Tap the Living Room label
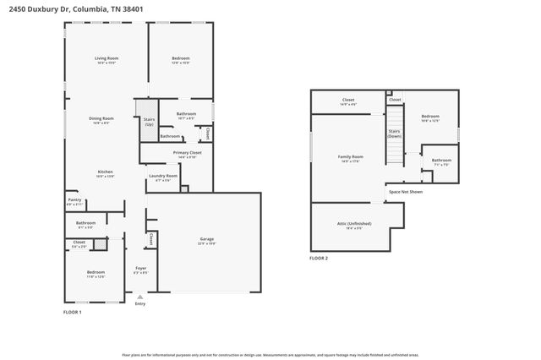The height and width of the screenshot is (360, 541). coord(107,58)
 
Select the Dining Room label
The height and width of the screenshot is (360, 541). coord(101,118)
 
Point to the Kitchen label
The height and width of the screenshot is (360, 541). coord(105,172)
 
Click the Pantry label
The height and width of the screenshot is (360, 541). coord(74,200)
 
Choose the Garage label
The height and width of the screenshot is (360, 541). coord(207,240)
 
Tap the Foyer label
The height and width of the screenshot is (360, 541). coord(141,268)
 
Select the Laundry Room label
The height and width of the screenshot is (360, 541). coord(163,176)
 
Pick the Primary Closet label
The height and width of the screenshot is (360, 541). coord(186,153)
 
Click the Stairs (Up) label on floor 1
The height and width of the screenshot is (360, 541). coord(149,121)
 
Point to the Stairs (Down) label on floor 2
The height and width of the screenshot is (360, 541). coord(394,133)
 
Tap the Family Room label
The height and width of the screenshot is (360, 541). coord(351,156)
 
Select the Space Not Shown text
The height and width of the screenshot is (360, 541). coord(406,192)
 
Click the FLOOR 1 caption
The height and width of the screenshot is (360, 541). coord(73,313)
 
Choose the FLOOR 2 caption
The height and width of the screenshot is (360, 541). coord(319,258)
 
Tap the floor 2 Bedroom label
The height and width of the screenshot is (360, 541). coord(430,117)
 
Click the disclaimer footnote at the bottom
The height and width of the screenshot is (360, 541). coord(270,355)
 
